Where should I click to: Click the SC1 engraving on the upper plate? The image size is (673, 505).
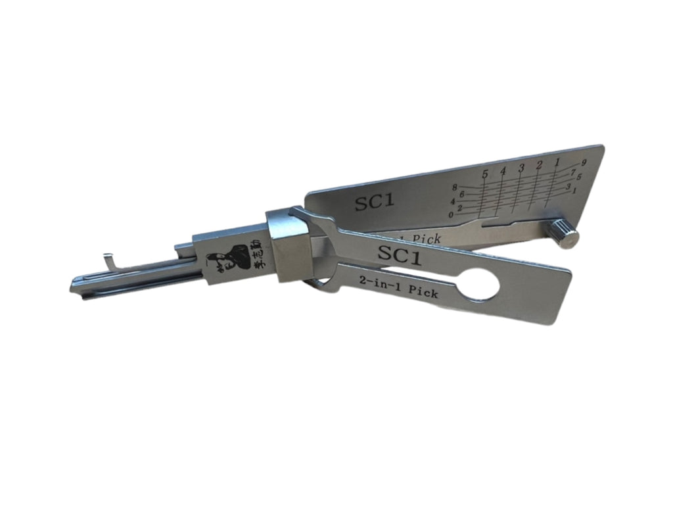click(375, 202)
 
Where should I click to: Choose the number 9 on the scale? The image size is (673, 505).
click(583, 162)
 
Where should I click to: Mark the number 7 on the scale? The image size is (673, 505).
click(573, 172)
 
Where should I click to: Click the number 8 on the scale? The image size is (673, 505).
click(454, 187)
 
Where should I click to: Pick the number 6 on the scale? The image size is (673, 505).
click(461, 194)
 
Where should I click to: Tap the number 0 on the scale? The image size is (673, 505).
click(451, 214)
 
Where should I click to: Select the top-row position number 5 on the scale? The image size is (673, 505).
click(485, 174)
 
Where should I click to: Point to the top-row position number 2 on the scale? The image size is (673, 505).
click(539, 164)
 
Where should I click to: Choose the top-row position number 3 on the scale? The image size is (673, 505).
click(521, 168)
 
